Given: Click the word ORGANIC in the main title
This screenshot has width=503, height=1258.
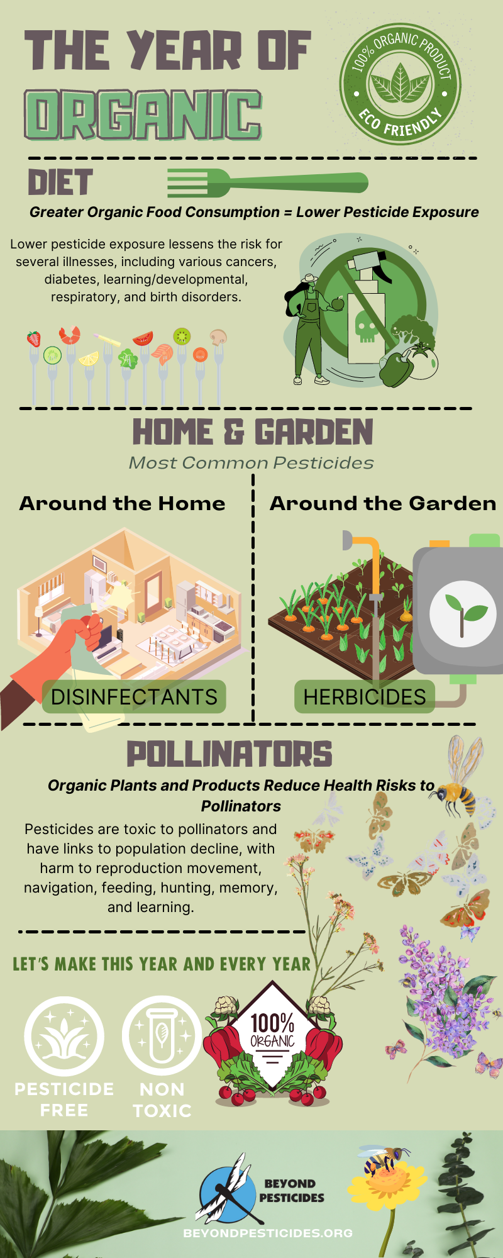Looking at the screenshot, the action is (143, 114).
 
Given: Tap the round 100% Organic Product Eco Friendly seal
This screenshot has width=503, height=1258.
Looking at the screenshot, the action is (401, 84).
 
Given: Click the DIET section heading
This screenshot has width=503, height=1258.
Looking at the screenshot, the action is (60, 182).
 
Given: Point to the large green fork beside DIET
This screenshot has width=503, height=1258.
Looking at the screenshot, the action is (267, 183).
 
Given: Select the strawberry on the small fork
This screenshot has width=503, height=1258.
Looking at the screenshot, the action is (33, 339).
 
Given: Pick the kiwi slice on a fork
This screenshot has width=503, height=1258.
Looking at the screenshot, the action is (182, 336).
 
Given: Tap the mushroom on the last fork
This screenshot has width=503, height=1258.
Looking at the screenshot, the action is (218, 337).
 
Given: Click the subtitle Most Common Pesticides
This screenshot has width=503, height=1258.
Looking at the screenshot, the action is (251, 463).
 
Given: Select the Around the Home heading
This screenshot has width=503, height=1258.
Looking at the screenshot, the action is (122, 503).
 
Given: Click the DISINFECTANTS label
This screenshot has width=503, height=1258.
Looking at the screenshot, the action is (134, 697).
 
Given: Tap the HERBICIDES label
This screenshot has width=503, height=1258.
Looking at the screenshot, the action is (365, 697).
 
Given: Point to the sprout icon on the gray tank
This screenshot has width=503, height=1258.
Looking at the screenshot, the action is (463, 614).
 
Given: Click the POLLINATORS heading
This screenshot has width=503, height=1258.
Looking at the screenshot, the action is (229, 754).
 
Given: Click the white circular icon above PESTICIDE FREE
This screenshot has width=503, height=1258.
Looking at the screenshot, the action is (64, 1036).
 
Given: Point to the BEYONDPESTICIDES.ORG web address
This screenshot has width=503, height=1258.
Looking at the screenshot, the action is (268, 1233).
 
